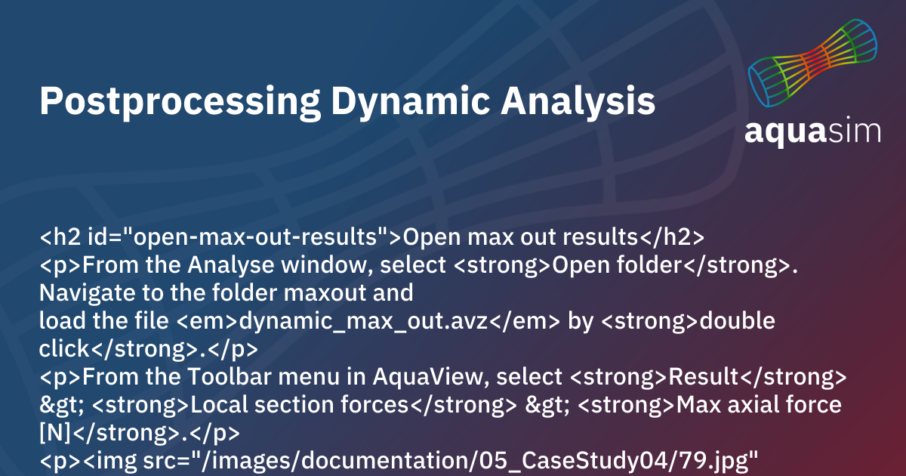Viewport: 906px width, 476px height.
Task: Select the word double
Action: [x=738, y=321]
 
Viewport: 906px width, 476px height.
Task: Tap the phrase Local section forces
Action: [x=300, y=405]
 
